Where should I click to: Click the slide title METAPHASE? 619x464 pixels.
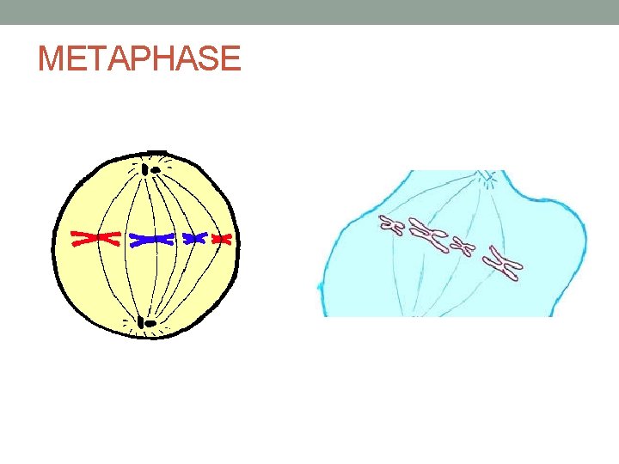[x=139, y=58]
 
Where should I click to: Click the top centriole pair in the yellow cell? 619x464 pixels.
[x=151, y=169]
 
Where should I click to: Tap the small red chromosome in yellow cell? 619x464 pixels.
[x=222, y=239]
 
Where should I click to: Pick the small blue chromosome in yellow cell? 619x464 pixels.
[x=195, y=237]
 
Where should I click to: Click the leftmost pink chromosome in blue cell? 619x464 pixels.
[x=392, y=225]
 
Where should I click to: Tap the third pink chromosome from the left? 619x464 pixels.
[x=465, y=247]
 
